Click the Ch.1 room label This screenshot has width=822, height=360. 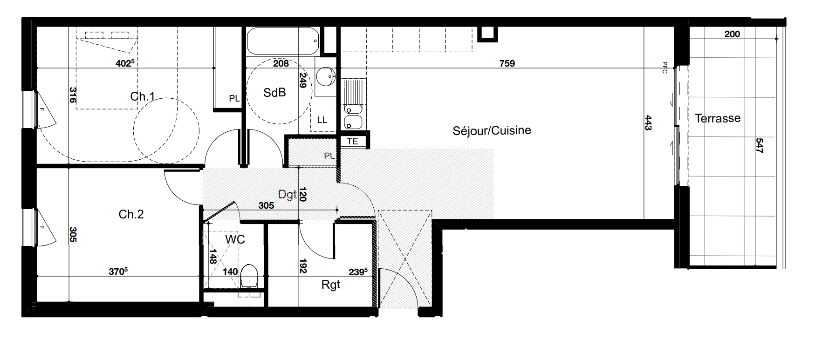click(143, 96)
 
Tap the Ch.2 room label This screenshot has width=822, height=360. click(131, 214)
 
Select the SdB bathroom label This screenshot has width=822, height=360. click(274, 93)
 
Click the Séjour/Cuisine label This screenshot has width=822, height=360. click(492, 130)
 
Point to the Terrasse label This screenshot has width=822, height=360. click(718, 118)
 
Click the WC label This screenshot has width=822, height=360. click(235, 239)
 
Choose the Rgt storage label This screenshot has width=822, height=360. click(331, 285)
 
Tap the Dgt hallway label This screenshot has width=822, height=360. click(287, 194)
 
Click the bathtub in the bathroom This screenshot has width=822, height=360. click(283, 41)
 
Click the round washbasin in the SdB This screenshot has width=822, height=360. click(326, 76)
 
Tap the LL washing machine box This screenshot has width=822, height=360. click(322, 118)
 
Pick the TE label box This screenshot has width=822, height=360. click(353, 141)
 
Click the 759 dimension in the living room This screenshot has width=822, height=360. click(507, 63)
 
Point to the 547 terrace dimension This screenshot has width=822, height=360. click(759, 145)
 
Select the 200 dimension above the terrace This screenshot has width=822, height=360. click(732, 34)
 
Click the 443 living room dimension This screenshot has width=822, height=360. click(648, 123)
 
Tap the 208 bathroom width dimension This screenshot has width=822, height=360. click(281, 63)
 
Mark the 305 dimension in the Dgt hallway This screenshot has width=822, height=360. click(266, 205)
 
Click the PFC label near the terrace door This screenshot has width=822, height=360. click(665, 68)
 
